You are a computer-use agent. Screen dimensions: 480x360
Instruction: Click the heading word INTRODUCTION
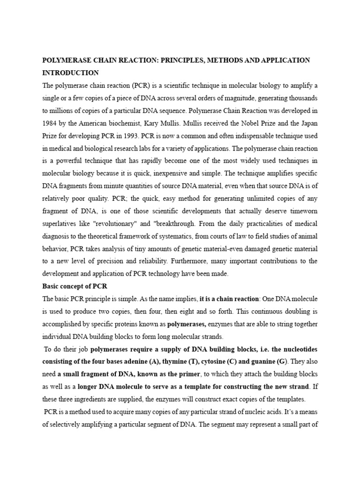pos(70,73)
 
